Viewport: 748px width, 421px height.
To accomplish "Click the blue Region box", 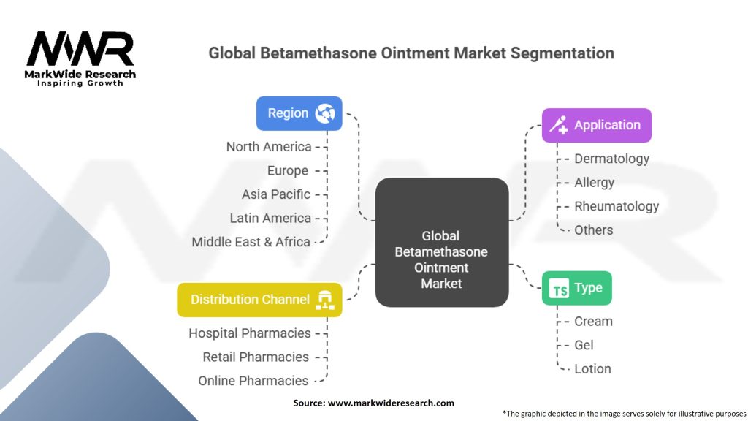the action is pos(299,113).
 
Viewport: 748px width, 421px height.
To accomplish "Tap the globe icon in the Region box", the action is pos(325,113).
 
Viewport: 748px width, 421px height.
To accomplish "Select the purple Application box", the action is pos(596,125).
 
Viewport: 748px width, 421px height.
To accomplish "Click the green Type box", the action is pos(577,288).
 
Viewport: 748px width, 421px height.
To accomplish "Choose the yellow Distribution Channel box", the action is pos(259,300).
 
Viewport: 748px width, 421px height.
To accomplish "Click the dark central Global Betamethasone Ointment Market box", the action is pos(442,243).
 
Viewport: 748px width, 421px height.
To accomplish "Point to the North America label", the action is pos(269,147).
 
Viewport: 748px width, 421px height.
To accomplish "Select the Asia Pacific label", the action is pos(275,194).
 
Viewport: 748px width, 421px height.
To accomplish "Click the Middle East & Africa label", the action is pos(251,242).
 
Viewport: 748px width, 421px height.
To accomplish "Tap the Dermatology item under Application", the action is pos(611,159).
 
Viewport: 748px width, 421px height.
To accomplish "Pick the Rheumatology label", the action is pos(617,207).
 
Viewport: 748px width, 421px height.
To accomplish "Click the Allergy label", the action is pos(594,183).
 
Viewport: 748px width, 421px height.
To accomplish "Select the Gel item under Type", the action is pos(584,345).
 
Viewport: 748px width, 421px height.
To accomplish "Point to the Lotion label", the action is pos(592,369).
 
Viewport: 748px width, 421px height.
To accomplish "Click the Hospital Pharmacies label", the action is pos(250,333).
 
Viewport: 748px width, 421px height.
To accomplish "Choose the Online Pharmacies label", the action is pos(253,381).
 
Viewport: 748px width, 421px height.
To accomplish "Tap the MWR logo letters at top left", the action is pos(80,48).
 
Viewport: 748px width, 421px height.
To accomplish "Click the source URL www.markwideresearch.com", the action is pos(391,403).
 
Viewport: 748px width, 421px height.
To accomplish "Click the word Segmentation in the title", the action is pos(562,53).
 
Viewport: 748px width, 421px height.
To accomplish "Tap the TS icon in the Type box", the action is pos(559,288).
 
